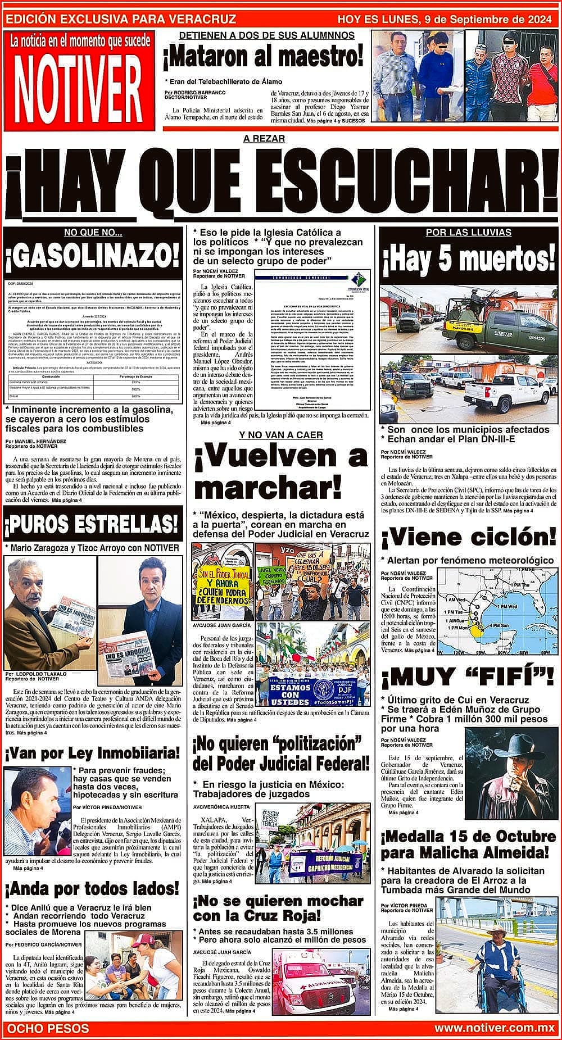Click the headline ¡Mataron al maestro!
[262, 57]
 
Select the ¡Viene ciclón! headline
[469, 537]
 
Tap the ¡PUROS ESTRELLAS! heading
[92, 525]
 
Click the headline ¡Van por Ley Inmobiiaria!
[92, 752]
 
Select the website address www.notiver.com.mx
[494, 1028]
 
